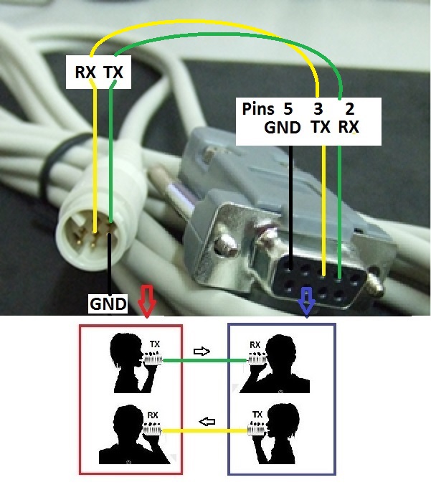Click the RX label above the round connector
point(85,72)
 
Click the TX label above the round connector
point(113,72)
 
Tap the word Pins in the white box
point(258,110)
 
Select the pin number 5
point(288,110)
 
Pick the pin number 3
point(318,110)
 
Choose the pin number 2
point(349,110)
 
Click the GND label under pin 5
point(283,128)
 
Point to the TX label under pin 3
point(321,128)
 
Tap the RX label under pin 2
point(349,128)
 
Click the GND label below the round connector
point(108,303)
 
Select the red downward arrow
point(146,301)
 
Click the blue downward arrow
point(306,301)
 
